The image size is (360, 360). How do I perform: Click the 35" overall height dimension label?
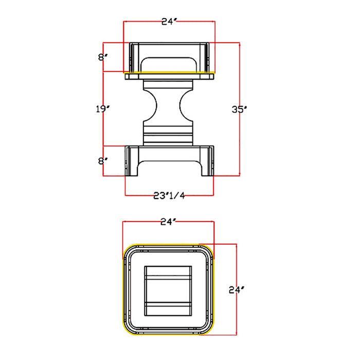(x=238, y=109)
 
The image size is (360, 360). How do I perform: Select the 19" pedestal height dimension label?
(x=102, y=109)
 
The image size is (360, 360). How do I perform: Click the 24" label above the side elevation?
(x=169, y=21)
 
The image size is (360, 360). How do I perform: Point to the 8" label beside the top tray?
(x=102, y=57)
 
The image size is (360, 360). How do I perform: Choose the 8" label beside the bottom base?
(x=102, y=160)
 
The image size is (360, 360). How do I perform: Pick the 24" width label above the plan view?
(x=168, y=222)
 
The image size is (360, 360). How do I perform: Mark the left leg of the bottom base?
(x=131, y=161)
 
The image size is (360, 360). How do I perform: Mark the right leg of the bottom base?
(x=206, y=161)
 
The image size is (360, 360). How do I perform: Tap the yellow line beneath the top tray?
(x=169, y=73)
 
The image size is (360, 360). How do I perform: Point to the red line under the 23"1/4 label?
(x=170, y=196)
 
